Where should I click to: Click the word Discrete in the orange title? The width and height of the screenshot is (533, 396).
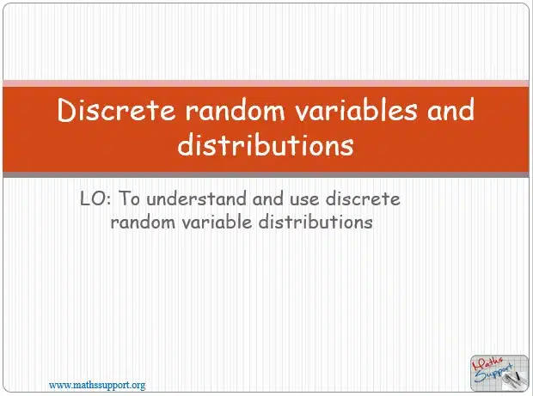[x=116, y=110]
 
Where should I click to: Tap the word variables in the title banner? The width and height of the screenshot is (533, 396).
[x=356, y=110]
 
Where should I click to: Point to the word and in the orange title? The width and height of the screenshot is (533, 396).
[x=450, y=110]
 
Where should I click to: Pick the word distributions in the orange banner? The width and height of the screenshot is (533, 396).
[x=266, y=144]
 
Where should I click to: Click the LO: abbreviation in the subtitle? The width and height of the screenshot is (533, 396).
[x=95, y=198]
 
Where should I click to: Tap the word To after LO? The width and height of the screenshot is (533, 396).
[x=129, y=198]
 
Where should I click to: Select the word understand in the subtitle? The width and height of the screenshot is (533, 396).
[x=196, y=198]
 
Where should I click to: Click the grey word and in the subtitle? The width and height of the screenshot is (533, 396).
[x=267, y=198]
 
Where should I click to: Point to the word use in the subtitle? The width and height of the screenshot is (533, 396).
[x=304, y=199]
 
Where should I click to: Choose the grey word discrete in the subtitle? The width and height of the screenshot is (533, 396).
[x=363, y=198]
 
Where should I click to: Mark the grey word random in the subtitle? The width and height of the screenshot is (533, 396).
[x=143, y=222]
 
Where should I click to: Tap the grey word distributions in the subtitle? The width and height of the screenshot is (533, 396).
[x=316, y=222]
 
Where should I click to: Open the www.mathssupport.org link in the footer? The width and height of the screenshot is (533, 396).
[x=97, y=386]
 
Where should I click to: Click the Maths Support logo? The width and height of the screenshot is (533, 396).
[x=499, y=373]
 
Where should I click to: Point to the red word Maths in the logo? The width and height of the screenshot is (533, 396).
[x=487, y=363]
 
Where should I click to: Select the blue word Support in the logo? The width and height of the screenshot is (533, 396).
[x=493, y=373]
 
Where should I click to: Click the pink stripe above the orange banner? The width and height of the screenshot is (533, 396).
[x=266, y=83]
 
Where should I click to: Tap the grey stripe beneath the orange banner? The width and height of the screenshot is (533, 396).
[x=266, y=174]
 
